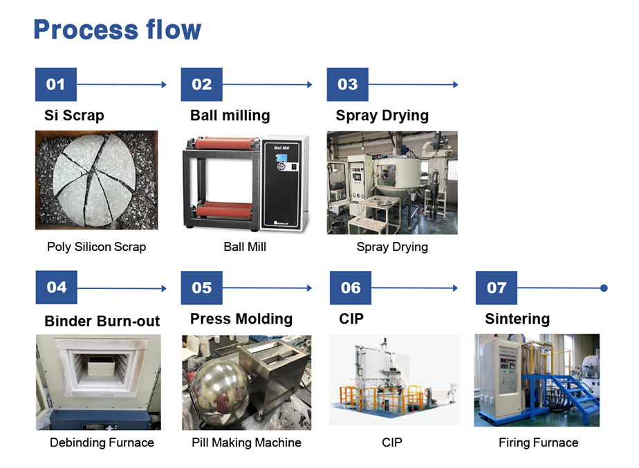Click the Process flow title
[x=118, y=30]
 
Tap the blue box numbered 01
[x=56, y=84]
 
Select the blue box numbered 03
[x=347, y=84]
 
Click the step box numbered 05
[x=202, y=288]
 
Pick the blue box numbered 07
[x=497, y=288]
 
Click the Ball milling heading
[x=230, y=115]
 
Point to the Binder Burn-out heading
[x=102, y=321]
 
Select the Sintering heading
[x=517, y=319]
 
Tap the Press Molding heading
[x=241, y=319]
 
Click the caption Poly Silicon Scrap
[x=97, y=247]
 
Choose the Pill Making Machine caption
[x=247, y=442]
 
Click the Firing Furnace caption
[x=538, y=442]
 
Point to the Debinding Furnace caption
[x=102, y=442]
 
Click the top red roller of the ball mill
[x=227, y=143]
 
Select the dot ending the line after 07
[x=604, y=288]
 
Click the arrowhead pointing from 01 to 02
[x=164, y=85]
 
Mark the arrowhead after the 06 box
[x=455, y=288]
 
